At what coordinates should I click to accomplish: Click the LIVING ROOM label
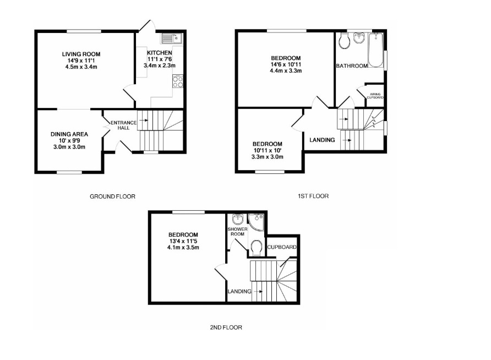point(81,54)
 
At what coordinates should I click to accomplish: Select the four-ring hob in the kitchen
point(178,81)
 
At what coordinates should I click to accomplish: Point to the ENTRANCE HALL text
point(123,125)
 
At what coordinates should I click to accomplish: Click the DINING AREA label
point(69,134)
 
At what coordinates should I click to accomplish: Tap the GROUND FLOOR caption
point(112,197)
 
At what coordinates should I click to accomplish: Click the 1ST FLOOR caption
point(313,197)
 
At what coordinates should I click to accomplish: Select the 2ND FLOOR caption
point(226,328)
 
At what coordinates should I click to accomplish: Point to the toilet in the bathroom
point(344,41)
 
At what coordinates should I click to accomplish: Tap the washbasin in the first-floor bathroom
point(359,38)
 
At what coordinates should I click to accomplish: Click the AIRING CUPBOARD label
point(375,96)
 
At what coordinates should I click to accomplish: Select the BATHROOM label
point(352,66)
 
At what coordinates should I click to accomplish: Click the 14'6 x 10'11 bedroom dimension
point(286,64)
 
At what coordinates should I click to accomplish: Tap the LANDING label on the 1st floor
point(322,140)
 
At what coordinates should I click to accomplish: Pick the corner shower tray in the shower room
point(257,222)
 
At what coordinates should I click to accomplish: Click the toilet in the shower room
point(257,248)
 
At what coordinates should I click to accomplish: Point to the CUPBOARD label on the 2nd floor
point(282,247)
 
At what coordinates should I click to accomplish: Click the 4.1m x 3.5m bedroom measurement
point(183,248)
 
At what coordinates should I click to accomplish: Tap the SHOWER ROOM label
point(237,232)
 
